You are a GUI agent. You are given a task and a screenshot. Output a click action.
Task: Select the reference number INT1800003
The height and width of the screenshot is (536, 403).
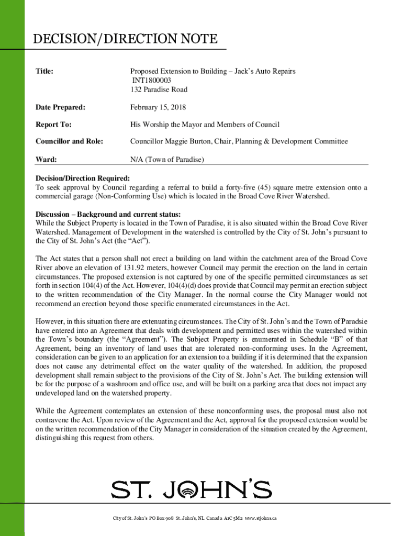(151, 80)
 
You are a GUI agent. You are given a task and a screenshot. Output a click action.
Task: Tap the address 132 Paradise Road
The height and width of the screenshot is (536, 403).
(159, 90)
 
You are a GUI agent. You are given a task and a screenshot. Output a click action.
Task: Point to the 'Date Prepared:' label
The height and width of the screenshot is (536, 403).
(60, 107)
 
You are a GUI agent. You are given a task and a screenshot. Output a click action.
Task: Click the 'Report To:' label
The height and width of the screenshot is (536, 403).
(53, 125)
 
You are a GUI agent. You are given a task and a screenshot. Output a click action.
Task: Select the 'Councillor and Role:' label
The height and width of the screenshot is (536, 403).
(69, 141)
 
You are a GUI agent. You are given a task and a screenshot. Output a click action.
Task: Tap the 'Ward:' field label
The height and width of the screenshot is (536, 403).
(46, 159)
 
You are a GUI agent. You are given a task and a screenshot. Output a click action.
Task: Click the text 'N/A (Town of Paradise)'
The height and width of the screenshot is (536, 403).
(167, 159)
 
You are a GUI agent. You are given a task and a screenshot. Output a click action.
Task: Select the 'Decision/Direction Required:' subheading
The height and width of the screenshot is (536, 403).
(82, 178)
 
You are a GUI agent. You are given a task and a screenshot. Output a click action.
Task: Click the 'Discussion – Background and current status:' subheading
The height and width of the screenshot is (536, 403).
(108, 215)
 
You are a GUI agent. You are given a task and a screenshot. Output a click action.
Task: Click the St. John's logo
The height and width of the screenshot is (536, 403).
(191, 489)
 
